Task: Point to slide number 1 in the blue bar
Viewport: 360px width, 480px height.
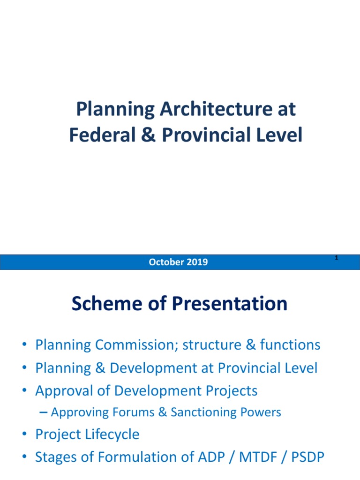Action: pos(337,258)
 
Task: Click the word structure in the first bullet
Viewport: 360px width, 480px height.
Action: pos(212,345)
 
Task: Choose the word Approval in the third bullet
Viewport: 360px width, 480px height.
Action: pos(64,390)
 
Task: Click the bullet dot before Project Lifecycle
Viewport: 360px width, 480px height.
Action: pos(24,435)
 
